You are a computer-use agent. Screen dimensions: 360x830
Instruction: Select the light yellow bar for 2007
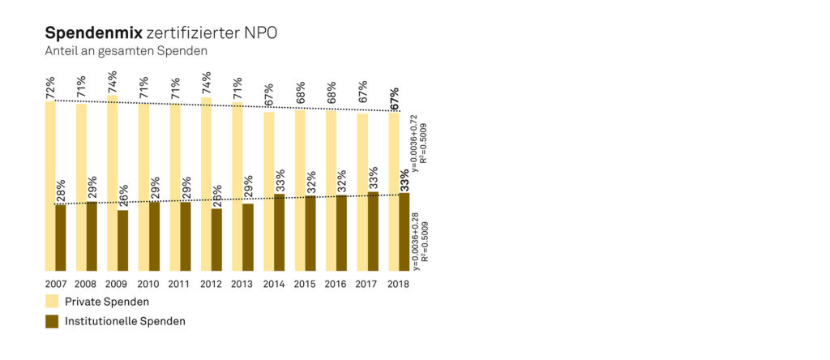pyautogui.click(x=50, y=186)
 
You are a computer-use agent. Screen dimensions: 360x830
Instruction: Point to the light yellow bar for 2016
pyautogui.click(x=331, y=191)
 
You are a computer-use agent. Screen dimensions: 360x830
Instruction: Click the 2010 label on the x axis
pyautogui.click(x=148, y=285)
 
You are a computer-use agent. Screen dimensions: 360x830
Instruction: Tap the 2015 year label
pyautogui.click(x=305, y=285)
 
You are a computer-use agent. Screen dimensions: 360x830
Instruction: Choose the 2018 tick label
pyautogui.click(x=399, y=285)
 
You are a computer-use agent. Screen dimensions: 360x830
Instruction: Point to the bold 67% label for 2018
pyautogui.click(x=394, y=98)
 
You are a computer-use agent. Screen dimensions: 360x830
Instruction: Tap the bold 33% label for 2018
pyautogui.click(x=404, y=179)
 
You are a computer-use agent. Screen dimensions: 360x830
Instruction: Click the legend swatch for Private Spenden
pyautogui.click(x=52, y=302)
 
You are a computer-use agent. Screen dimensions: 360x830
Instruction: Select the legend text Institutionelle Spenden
pyautogui.click(x=125, y=321)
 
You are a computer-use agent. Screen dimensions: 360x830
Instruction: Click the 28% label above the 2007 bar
pyautogui.click(x=60, y=192)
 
